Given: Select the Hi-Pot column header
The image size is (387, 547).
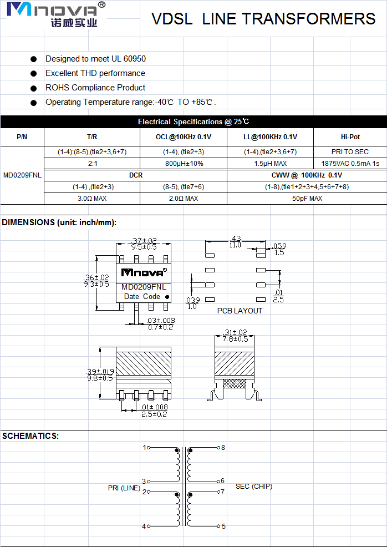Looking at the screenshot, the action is click(x=350, y=137).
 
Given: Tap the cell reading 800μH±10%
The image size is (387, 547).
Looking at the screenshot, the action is click(x=184, y=164).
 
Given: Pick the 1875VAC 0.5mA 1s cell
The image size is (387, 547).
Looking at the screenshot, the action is click(x=350, y=164).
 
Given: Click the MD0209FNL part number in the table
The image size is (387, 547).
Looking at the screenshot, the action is click(x=22, y=175).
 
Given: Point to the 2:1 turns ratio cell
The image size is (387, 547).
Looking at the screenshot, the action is click(x=93, y=164).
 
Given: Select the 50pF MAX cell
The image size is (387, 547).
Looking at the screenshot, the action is click(x=307, y=199).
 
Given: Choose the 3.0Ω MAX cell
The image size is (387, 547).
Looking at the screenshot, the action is click(x=92, y=199).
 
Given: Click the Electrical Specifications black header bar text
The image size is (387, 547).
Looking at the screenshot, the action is click(x=193, y=121).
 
